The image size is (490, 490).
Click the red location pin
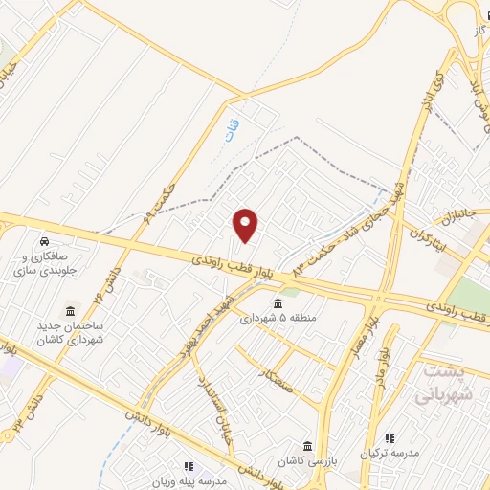tap(246, 225)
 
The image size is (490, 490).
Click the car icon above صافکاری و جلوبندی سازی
tap(45, 238)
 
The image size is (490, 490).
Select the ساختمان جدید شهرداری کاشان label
tap(70, 332)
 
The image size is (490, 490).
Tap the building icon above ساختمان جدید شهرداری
tap(70, 311)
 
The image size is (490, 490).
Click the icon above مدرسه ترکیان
tap(389, 437)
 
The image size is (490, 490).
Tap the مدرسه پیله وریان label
tap(192, 481)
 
